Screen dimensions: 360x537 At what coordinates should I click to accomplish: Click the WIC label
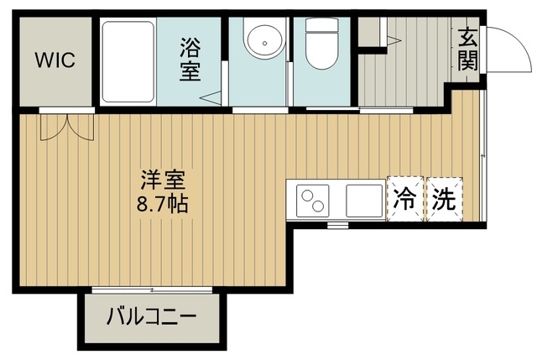[55, 60]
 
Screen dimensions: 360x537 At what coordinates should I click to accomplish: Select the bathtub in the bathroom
[128, 62]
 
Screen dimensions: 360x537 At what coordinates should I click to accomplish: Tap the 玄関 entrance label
[468, 50]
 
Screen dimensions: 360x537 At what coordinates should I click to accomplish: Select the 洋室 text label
[163, 180]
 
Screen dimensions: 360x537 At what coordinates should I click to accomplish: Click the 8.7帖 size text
[163, 202]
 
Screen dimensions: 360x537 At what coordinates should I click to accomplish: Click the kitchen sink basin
[364, 201]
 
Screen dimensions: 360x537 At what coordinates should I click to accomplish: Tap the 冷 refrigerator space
[405, 200]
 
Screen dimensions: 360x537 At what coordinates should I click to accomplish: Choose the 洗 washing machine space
[445, 200]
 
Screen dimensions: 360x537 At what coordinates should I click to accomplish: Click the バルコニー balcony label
[151, 319]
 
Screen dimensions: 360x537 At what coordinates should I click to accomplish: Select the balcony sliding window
[151, 290]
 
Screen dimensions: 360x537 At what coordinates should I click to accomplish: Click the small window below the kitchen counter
[337, 225]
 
